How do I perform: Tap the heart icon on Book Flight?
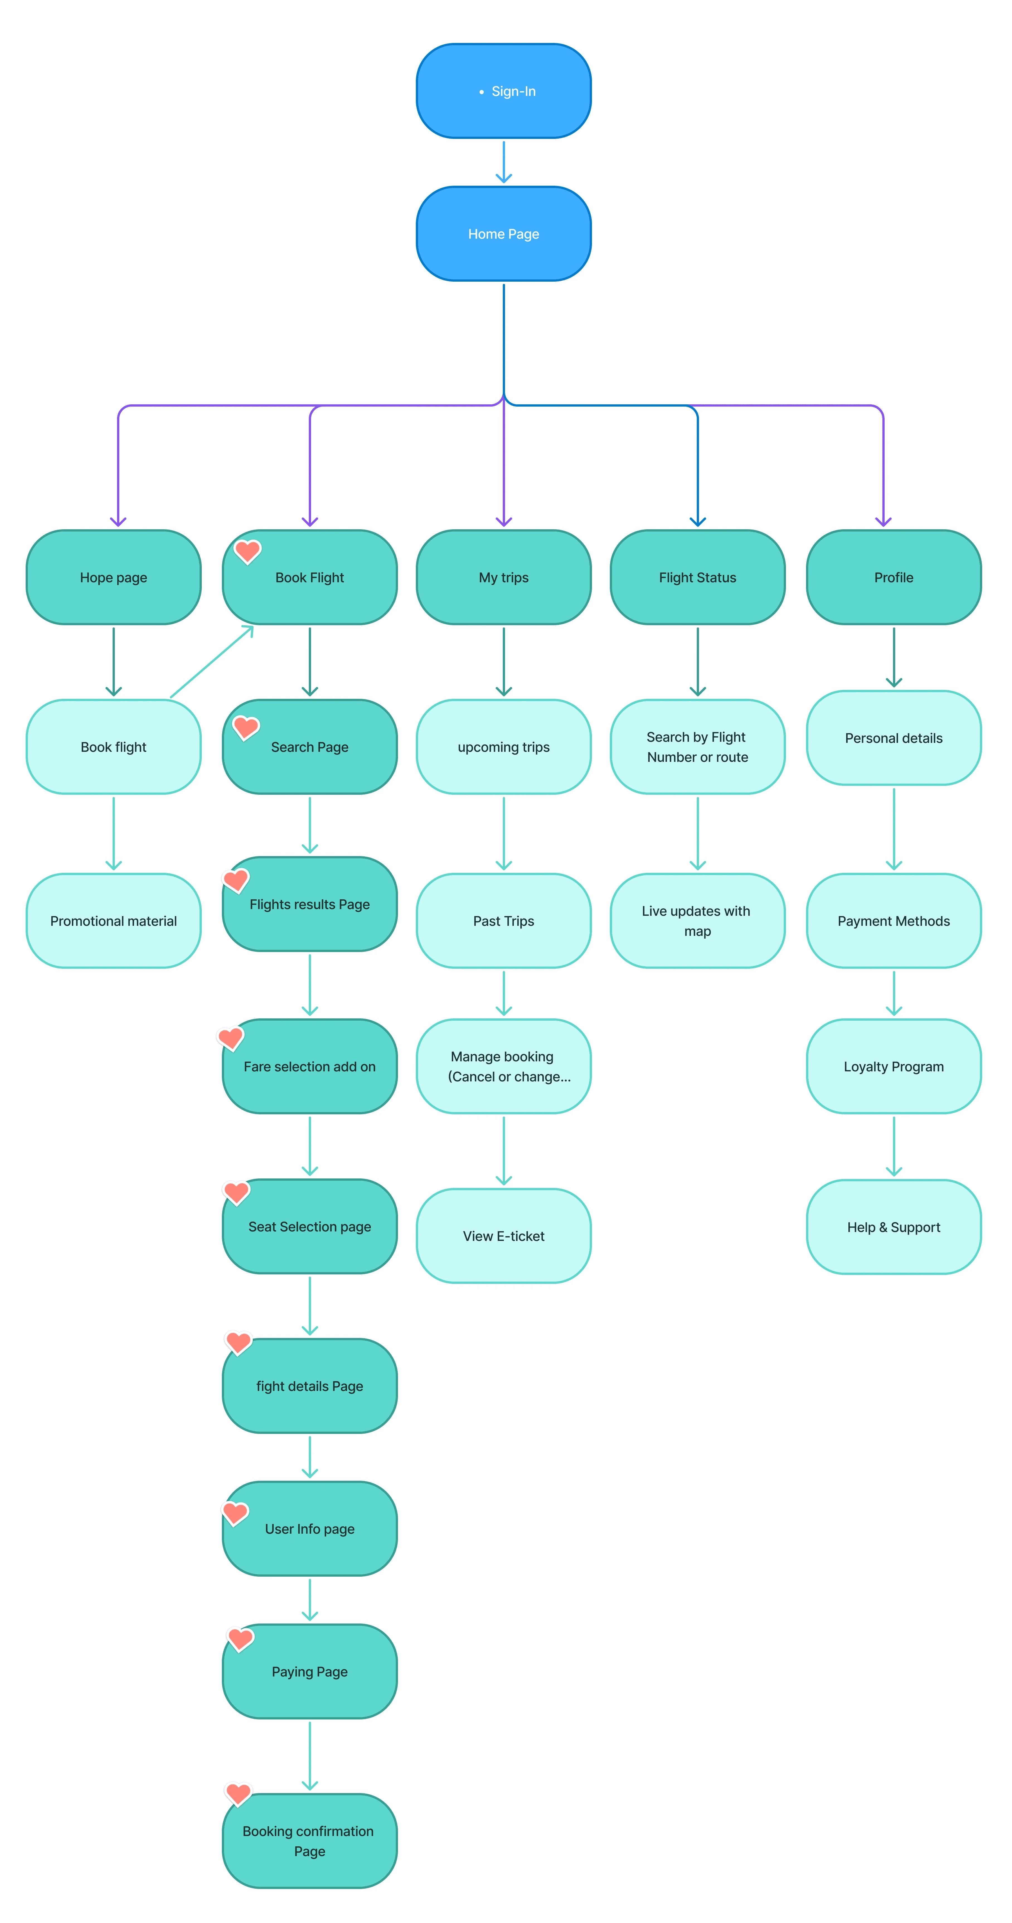click(x=248, y=551)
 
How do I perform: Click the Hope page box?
click(x=113, y=577)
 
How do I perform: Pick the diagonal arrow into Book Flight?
click(x=212, y=662)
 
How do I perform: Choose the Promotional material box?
click(x=113, y=921)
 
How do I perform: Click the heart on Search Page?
click(x=246, y=726)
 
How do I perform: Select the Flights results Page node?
click(x=310, y=904)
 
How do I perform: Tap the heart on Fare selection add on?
click(x=230, y=1037)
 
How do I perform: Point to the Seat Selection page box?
click(x=310, y=1226)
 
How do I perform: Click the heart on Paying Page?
click(x=240, y=1639)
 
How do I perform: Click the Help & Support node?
click(x=893, y=1226)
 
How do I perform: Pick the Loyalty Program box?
click(x=893, y=1066)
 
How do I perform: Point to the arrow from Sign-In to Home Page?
click(x=504, y=162)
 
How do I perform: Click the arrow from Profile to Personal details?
click(x=893, y=657)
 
